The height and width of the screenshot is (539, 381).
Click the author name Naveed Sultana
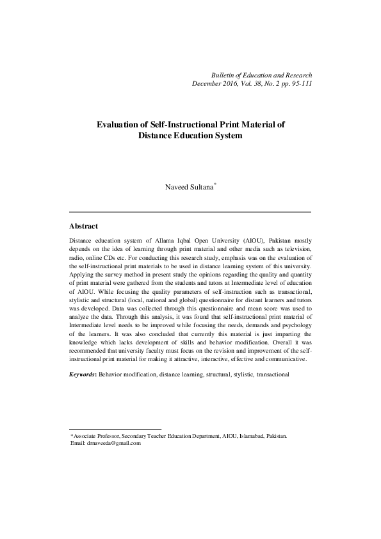coord(189,188)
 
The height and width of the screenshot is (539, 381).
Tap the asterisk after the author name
coord(216,186)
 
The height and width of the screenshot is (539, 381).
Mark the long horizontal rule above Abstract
coord(190,212)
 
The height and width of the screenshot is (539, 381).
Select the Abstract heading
coord(83,226)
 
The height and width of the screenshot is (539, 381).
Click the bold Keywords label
coord(82,374)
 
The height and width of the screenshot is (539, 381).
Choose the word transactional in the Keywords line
coord(273,374)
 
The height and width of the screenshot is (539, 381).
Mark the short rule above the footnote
coord(115,429)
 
